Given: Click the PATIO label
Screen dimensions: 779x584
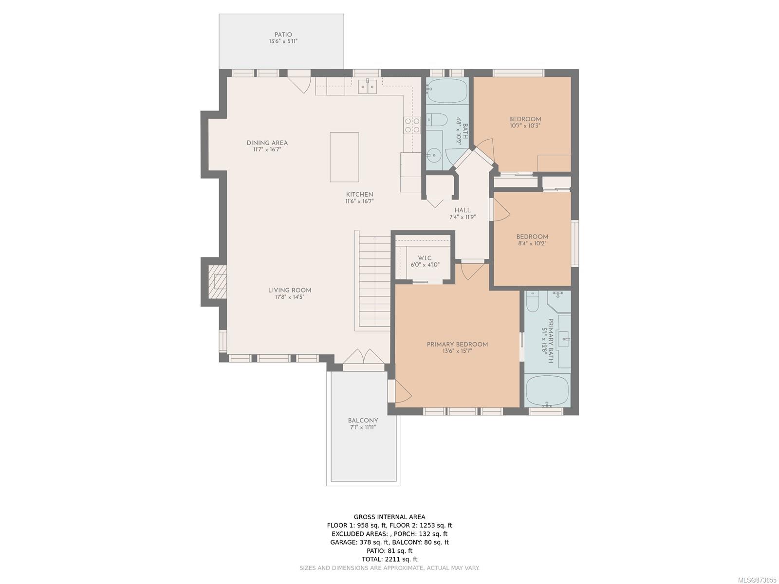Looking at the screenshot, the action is [283, 35].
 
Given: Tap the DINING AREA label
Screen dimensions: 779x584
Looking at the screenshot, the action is [267, 143].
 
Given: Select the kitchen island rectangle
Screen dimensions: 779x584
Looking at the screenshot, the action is [344, 157].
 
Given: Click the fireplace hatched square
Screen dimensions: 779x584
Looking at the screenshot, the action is [217, 282].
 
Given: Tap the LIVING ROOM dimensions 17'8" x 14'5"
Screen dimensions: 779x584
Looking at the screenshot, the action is [290, 297].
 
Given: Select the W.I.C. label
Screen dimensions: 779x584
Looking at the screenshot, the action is [425, 258].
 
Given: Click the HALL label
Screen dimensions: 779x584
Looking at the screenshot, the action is [463, 210].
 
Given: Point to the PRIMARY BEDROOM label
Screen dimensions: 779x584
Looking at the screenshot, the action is [457, 344].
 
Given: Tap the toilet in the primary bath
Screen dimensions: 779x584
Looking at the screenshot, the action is [532, 301].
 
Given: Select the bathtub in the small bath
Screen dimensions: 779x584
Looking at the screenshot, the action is [447, 90].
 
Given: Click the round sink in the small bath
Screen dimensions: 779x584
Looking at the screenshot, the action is [433, 155].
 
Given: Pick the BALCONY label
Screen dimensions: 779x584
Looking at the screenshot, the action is [363, 420].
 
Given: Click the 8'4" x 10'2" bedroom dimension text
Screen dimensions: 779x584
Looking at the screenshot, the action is [531, 244].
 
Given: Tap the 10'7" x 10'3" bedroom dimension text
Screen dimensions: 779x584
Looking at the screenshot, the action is [524, 126].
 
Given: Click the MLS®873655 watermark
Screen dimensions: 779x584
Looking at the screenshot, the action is [757, 580].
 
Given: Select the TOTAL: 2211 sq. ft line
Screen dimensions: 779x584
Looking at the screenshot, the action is [389, 560].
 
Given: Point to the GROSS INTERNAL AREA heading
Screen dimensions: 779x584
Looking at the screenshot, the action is [389, 517].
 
